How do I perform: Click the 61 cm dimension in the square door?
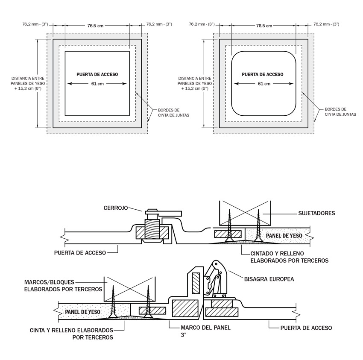pyautogui.click(x=97, y=84)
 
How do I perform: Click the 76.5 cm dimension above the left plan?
pyautogui.click(x=96, y=26)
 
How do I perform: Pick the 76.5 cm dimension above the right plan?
pyautogui.click(x=263, y=26)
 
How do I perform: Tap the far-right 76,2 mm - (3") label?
pyautogui.click(x=326, y=24)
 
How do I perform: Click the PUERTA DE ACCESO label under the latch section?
pyautogui.click(x=80, y=252)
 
